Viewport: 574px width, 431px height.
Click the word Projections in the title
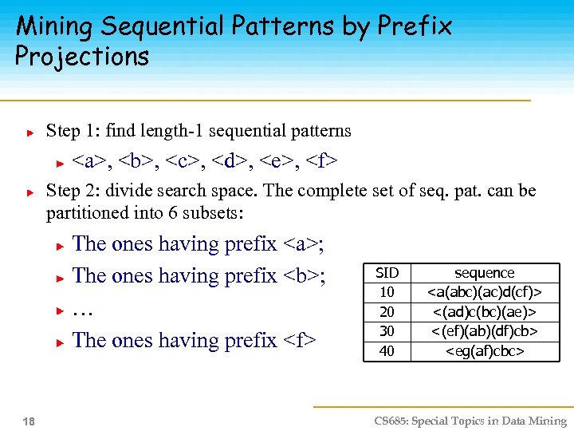click(x=82, y=57)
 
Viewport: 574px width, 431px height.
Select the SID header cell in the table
click(x=387, y=273)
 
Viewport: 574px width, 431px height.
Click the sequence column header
click(x=484, y=273)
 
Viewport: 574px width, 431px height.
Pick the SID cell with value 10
click(x=387, y=292)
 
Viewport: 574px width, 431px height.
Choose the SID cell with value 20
click(x=387, y=311)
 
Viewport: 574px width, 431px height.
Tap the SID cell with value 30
click(x=387, y=330)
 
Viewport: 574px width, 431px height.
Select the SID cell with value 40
click(x=387, y=350)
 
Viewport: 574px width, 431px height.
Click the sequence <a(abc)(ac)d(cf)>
click(x=484, y=292)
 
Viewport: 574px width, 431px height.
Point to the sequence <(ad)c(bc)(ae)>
click(x=484, y=311)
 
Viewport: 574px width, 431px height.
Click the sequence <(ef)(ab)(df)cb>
click(x=484, y=330)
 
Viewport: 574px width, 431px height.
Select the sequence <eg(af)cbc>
click(x=484, y=350)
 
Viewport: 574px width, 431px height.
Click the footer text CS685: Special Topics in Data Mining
click(x=470, y=421)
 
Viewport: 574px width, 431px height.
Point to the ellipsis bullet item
click(x=81, y=309)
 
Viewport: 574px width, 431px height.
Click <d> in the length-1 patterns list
click(x=230, y=162)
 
